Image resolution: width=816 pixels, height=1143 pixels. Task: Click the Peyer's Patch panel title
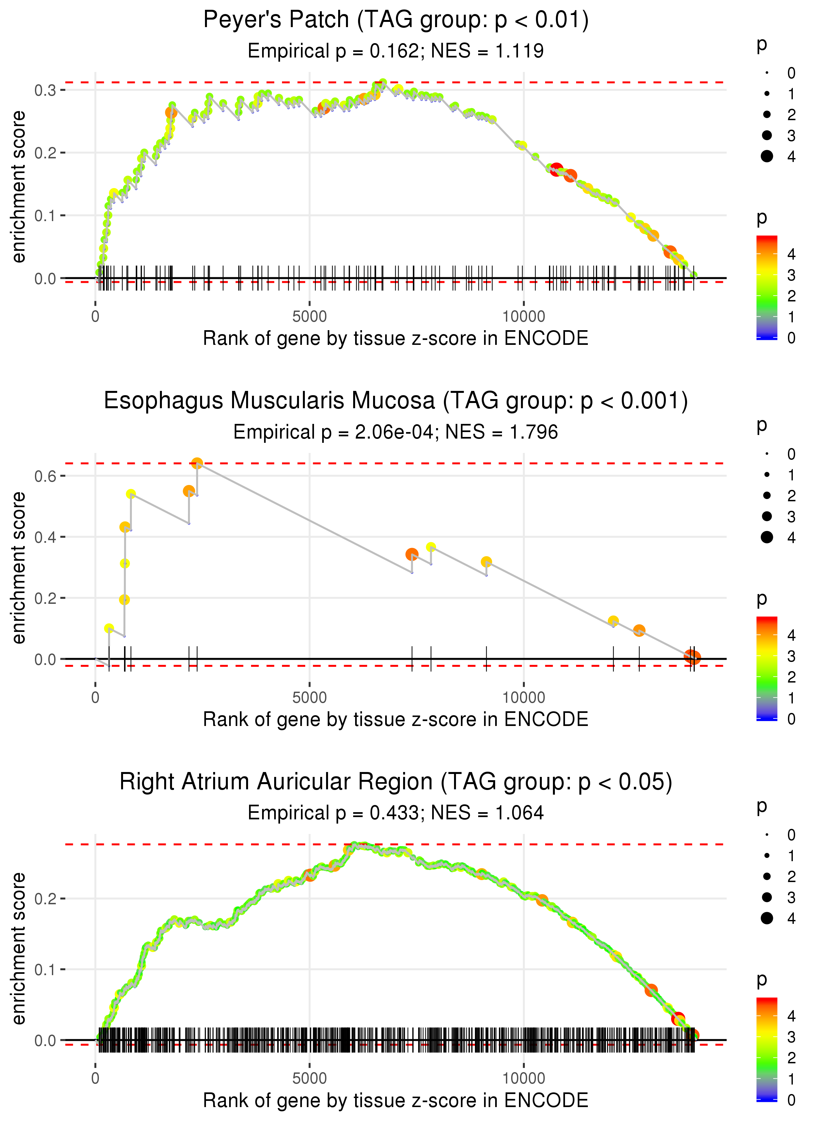pos(396,20)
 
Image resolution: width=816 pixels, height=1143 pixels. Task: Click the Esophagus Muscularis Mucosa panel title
pos(396,401)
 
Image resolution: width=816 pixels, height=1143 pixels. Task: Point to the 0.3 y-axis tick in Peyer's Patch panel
pos(45,90)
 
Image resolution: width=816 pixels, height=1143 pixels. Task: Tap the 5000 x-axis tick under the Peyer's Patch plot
pos(309,317)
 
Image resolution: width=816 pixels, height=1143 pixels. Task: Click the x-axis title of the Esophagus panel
pos(396,720)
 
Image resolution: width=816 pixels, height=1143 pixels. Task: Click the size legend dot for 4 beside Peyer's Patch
pos(767,156)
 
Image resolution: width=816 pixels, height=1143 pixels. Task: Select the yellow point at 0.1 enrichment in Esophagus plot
pos(109,628)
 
